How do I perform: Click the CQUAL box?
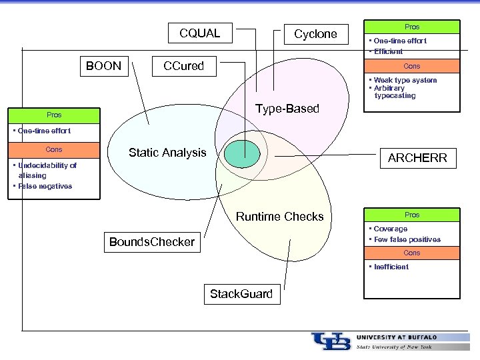(199, 33)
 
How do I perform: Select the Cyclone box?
(315, 34)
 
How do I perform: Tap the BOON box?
(104, 66)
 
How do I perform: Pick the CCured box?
(184, 66)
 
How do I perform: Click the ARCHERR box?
(417, 158)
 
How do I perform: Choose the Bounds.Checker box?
(152, 242)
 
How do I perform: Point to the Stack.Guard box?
(241, 294)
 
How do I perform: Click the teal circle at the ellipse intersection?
(241, 154)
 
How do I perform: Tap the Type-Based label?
(287, 109)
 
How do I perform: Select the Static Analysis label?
(167, 153)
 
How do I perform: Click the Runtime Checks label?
(279, 217)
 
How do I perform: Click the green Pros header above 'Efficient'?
(412, 27)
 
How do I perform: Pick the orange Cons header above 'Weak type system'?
(412, 67)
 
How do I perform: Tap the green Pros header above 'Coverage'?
(412, 215)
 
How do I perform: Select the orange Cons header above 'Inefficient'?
(412, 253)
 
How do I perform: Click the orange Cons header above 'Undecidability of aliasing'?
(54, 150)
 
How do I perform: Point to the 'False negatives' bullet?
(44, 187)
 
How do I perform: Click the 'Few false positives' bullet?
(407, 239)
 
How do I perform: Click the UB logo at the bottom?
(331, 341)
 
